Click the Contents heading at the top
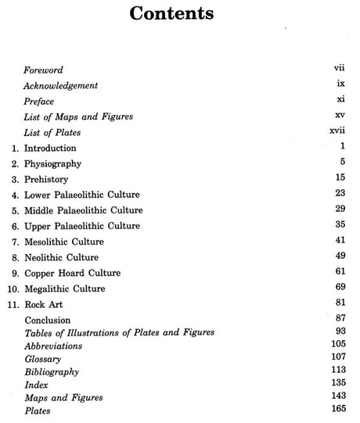[179, 15]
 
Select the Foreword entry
[44, 70]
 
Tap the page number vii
[339, 70]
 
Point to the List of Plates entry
[52, 133]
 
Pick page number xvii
[337, 131]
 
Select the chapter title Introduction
[50, 148]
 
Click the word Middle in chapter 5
[41, 210]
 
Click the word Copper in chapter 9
[41, 273]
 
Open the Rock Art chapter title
[45, 304]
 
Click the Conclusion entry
[47, 320]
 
